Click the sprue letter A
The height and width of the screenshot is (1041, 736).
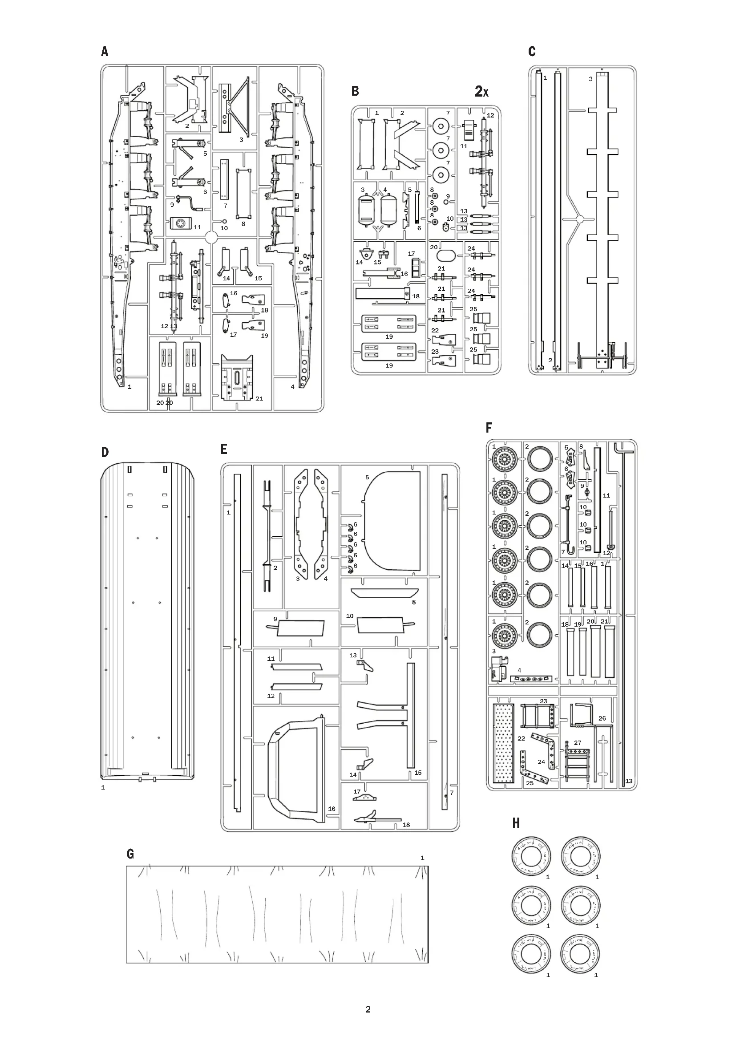(x=105, y=52)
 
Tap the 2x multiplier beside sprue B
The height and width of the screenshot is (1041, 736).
(x=481, y=92)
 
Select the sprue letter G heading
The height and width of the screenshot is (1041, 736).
(x=130, y=854)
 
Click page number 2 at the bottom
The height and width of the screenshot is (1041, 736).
(x=368, y=1009)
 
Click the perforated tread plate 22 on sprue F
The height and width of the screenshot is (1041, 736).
(x=504, y=744)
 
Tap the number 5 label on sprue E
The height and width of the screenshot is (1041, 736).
(x=367, y=478)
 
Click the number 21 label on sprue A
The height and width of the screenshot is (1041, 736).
(x=259, y=398)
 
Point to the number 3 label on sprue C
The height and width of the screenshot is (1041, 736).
(x=590, y=79)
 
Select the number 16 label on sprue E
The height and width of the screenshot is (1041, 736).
(x=332, y=808)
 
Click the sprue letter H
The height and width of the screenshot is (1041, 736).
(x=516, y=823)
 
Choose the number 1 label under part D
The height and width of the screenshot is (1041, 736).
(x=103, y=788)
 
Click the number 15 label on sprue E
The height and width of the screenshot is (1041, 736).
(x=418, y=773)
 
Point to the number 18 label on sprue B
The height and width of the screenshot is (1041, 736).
(x=416, y=296)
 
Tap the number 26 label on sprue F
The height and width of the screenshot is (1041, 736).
(x=602, y=718)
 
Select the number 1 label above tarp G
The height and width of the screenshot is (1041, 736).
(x=422, y=858)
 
